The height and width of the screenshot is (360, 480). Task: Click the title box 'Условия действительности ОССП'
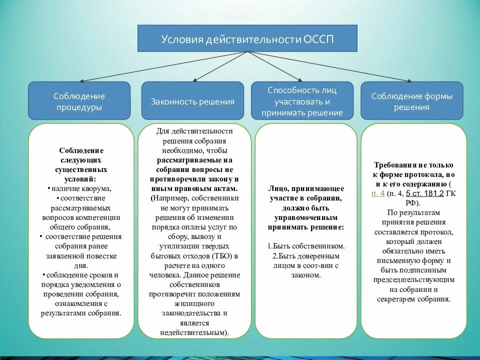point(247,38)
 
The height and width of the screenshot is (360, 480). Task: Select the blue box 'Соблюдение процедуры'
point(79,101)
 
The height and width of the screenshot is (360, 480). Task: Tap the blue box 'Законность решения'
point(193,101)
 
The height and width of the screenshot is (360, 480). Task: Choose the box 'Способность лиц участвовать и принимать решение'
point(302,101)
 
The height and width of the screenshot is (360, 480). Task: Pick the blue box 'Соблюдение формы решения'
point(411,101)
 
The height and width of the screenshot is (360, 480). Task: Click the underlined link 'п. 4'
point(378,193)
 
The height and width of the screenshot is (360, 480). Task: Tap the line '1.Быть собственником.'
point(306,246)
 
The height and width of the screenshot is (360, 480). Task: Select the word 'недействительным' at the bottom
point(194,332)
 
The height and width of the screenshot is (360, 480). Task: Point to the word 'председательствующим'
point(413,279)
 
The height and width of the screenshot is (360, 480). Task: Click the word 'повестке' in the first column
point(103,255)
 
